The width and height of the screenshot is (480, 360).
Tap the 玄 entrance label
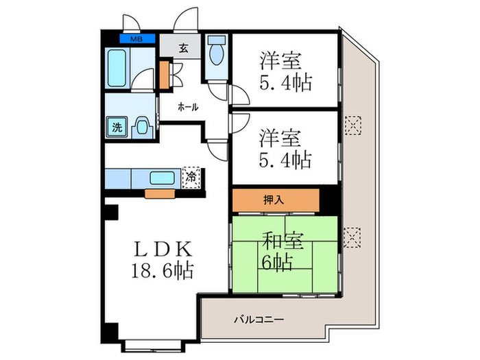(x=184, y=48)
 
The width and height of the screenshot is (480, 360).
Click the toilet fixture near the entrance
(x=218, y=53)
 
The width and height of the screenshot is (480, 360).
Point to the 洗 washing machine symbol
(x=117, y=127)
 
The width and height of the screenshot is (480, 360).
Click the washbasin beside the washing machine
(x=141, y=126)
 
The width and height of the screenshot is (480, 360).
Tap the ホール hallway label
(x=188, y=107)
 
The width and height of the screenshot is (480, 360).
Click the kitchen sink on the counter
(x=165, y=178)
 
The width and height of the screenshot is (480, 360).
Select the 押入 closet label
(x=276, y=200)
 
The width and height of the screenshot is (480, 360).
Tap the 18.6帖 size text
(x=163, y=269)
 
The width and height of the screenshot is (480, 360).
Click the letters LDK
(x=163, y=248)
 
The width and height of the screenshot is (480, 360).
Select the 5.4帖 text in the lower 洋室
(x=286, y=160)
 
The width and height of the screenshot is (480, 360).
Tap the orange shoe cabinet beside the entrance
(x=164, y=75)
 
